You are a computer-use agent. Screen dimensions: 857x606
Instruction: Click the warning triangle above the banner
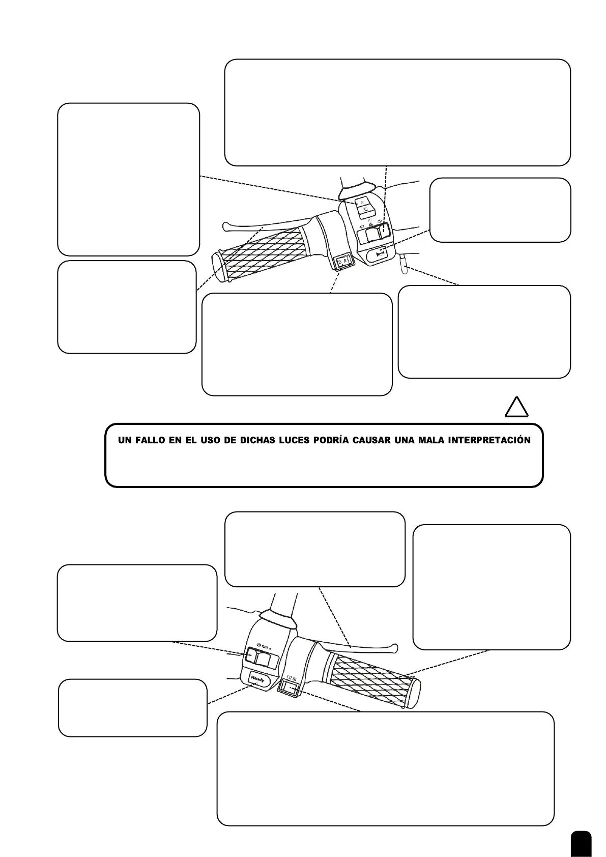click(x=516, y=408)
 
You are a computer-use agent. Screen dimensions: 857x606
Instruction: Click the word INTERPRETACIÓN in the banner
click(x=489, y=440)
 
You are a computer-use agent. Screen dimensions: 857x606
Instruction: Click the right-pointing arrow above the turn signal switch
click(x=380, y=222)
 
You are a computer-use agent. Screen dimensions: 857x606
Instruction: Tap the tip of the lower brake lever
click(x=394, y=648)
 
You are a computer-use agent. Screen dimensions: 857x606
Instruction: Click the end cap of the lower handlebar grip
click(x=413, y=693)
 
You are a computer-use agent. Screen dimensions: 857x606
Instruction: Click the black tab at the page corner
click(x=581, y=844)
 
